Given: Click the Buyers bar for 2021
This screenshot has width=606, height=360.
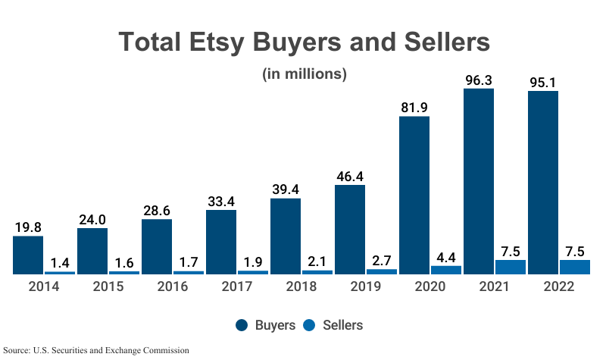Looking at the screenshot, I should point(478,181).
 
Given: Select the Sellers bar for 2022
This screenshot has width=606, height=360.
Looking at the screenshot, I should point(574,267).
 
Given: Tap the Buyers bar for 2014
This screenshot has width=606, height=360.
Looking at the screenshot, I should point(28,255).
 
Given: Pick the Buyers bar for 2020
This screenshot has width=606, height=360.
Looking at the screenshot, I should point(414,195).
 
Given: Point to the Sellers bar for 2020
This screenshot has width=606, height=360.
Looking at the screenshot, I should point(446,269).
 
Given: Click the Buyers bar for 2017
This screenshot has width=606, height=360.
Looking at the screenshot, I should point(221,242).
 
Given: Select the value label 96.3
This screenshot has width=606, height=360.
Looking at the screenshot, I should point(479,78).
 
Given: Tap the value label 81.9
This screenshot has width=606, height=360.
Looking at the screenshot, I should point(414,106).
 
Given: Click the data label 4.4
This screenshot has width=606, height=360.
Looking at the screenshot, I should point(446,255).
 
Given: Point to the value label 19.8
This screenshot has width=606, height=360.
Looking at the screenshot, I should point(28,226).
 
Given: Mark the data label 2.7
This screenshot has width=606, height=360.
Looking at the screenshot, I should point(382,258).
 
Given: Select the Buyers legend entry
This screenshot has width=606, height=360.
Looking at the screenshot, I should point(264,325).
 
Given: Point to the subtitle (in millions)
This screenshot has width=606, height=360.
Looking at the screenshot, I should point(304,74).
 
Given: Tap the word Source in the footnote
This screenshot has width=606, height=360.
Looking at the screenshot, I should point(17,350).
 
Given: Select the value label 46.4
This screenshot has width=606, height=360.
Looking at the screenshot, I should point(350,175).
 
